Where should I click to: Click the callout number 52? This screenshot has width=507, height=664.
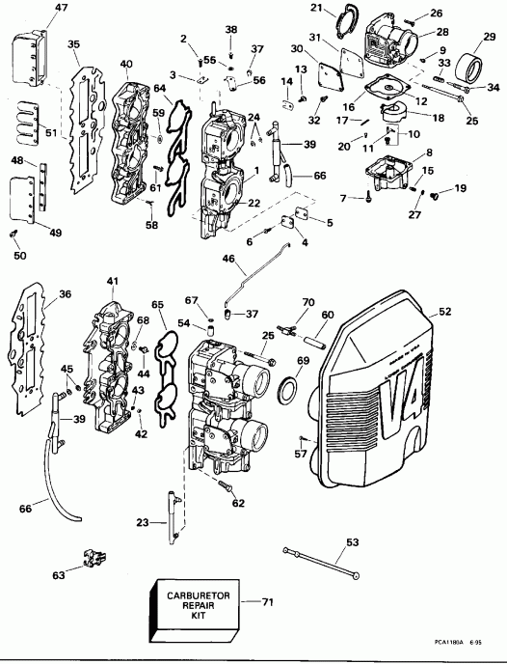pos(445,312)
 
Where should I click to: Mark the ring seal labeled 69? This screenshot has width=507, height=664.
pos(287,390)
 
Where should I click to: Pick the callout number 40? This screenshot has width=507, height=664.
pos(126,65)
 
